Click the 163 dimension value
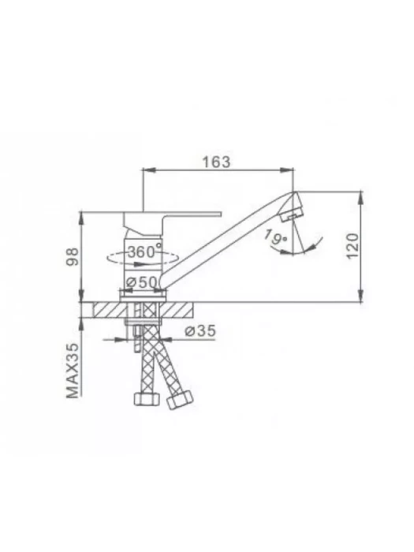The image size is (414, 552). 216,162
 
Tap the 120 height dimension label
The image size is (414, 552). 352,246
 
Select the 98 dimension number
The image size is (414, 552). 73,256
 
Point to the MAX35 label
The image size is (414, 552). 73,370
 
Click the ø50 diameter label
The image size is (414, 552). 141,282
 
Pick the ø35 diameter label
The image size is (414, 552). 200,330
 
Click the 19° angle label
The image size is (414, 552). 276,237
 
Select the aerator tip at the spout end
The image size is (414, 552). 292,214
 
